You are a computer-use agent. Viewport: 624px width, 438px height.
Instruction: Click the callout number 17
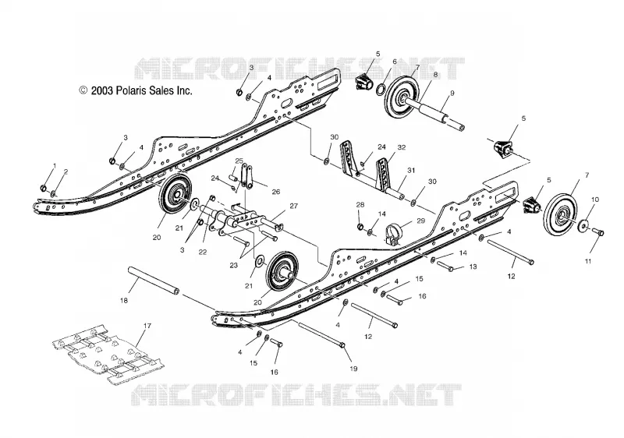(147, 326)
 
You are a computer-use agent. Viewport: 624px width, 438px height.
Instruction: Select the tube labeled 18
(153, 281)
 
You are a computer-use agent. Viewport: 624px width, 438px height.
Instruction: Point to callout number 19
(353, 369)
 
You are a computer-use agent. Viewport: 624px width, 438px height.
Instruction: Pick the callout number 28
(360, 205)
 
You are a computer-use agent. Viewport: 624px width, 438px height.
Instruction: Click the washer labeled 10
(583, 225)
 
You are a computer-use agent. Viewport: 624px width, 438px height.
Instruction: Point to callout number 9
(452, 94)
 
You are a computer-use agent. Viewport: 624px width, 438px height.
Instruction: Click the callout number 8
(436, 74)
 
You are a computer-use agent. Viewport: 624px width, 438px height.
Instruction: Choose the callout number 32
(402, 147)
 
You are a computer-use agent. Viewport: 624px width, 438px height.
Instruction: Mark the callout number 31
(411, 171)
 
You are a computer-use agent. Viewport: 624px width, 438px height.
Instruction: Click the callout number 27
(294, 206)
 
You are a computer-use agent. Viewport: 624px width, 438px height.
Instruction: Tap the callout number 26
(276, 192)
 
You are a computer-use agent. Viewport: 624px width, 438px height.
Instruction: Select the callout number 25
(239, 161)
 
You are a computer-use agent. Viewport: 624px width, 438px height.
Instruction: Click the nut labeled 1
(44, 187)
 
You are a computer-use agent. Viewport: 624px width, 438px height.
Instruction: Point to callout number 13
(473, 267)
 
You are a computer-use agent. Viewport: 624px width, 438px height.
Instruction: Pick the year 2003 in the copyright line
(102, 90)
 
